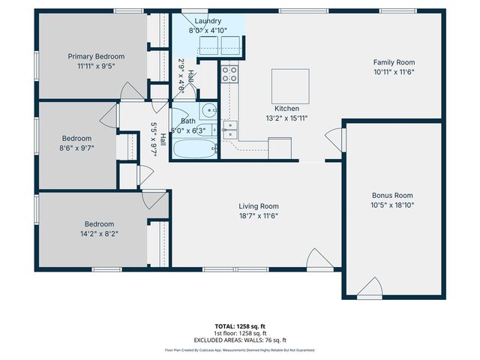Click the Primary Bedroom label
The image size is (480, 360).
(x=96, y=56)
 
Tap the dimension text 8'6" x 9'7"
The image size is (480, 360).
(x=76, y=148)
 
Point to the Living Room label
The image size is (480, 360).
(x=259, y=206)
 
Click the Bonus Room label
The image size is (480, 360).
(x=393, y=195)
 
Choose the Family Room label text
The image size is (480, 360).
(x=394, y=62)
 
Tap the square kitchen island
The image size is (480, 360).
(x=291, y=83)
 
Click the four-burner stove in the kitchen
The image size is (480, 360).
(x=229, y=73)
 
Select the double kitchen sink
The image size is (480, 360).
(x=231, y=130)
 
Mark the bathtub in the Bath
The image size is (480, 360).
(x=194, y=149)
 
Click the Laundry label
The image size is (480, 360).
(x=208, y=20)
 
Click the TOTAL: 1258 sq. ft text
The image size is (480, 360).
(x=240, y=326)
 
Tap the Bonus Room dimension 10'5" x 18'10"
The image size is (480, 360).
(x=393, y=205)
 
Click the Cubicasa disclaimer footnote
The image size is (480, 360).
(x=240, y=350)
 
